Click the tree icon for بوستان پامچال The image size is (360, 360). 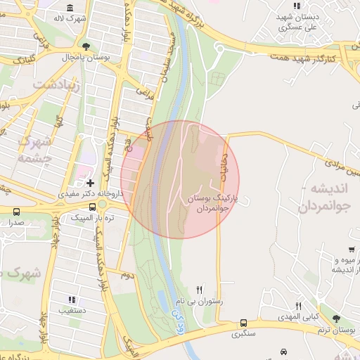(x=86, y=46)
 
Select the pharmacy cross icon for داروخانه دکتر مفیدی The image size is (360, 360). (x=90, y=183)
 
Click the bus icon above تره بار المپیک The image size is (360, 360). (x=93, y=207)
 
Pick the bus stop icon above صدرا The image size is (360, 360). (x=16, y=211)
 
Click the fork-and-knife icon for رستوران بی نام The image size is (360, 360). (x=200, y=289)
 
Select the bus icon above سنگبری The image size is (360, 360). (x=243, y=323)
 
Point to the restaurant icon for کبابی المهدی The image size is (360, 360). (x=299, y=306)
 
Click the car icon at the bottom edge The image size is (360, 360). (x=283, y=352)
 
